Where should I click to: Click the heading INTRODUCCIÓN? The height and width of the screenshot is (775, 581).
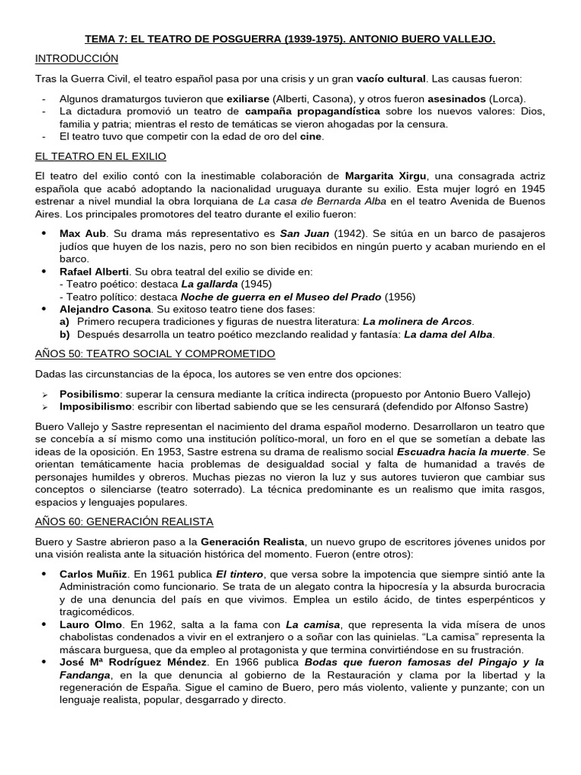pyautogui.click(x=76, y=58)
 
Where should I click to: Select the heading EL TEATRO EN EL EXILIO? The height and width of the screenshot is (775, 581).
pyautogui.click(x=101, y=156)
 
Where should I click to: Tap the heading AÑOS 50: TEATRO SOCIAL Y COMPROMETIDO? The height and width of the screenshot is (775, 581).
pyautogui.click(x=155, y=353)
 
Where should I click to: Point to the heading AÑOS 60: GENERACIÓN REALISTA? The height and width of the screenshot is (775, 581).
pyautogui.click(x=124, y=521)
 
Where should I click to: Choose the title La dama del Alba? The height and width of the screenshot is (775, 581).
pyautogui.click(x=449, y=335)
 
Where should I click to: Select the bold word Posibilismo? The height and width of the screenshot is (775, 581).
pyautogui.click(x=90, y=394)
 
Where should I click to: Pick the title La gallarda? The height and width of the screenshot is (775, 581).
pyautogui.click(x=209, y=284)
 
